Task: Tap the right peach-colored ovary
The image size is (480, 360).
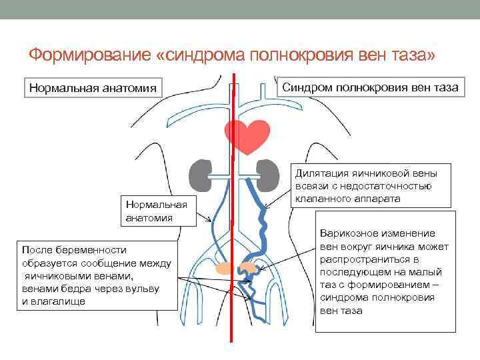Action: pos(249,268)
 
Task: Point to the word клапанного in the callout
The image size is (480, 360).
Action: pos(323,198)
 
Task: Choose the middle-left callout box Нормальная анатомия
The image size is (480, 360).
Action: pos(156,211)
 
